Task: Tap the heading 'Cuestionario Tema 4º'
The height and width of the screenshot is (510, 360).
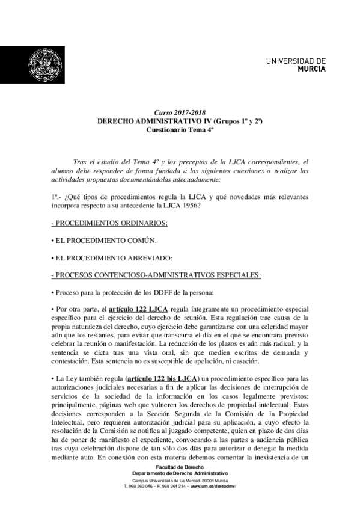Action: [180, 129]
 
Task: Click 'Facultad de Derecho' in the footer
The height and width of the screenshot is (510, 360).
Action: [180, 467]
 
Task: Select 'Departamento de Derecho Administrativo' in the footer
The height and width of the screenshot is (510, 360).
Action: [180, 473]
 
